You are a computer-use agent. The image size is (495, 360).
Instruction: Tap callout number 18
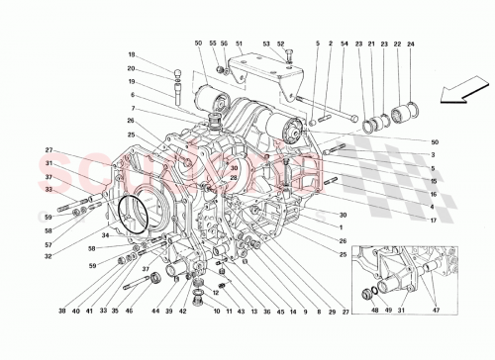[x=130, y=54]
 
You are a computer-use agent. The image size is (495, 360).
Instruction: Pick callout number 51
[x=239, y=45]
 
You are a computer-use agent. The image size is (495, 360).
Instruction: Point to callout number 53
[x=266, y=45]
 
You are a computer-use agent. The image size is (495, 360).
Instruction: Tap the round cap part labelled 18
[x=178, y=71]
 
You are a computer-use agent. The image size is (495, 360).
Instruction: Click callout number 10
[x=216, y=310]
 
